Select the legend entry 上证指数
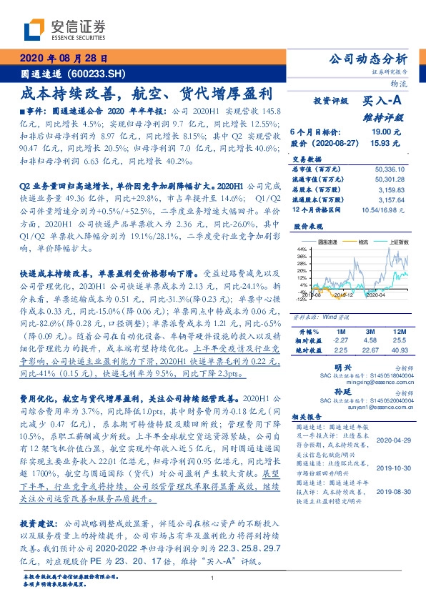(x=398, y=242)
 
